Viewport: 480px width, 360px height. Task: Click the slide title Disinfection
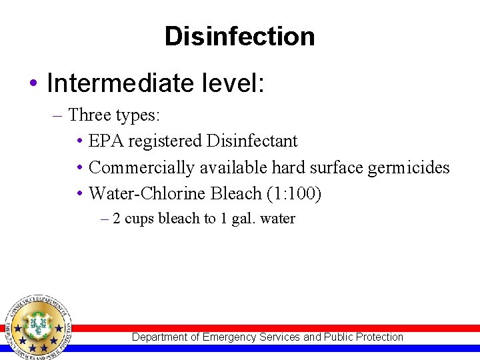click(x=239, y=36)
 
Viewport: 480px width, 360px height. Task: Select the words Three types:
click(x=114, y=115)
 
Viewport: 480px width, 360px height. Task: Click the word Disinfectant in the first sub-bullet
click(x=252, y=141)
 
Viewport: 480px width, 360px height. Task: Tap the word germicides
click(x=409, y=167)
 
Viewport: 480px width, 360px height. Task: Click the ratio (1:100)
click(x=294, y=193)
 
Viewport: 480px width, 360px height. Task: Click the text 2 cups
click(x=134, y=219)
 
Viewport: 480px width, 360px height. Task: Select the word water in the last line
click(x=278, y=219)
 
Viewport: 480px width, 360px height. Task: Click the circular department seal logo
click(x=38, y=327)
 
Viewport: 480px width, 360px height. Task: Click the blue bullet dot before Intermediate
click(x=33, y=85)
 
